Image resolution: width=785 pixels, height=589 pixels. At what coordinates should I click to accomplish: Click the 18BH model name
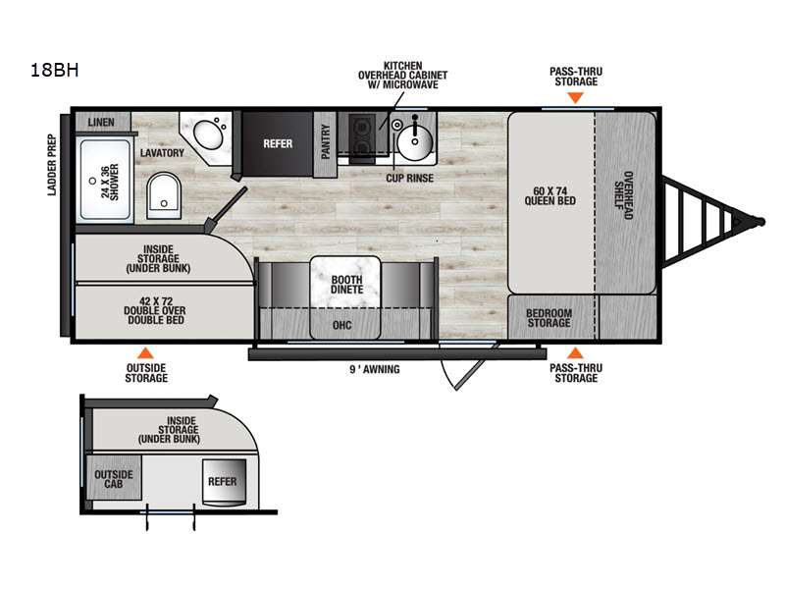click(55, 70)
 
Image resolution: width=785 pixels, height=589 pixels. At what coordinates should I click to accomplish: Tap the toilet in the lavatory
click(164, 195)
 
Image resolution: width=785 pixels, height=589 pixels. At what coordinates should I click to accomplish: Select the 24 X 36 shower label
click(110, 182)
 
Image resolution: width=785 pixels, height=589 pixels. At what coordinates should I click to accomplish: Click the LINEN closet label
click(101, 122)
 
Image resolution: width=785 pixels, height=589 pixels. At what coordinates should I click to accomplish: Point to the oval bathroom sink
click(209, 134)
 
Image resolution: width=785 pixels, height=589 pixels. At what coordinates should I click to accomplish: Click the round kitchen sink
click(415, 141)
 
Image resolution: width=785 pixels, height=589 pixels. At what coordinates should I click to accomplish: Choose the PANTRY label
click(326, 141)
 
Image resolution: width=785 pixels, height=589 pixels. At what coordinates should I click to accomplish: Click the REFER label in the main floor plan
click(278, 143)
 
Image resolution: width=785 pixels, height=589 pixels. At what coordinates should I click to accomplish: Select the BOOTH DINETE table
click(345, 297)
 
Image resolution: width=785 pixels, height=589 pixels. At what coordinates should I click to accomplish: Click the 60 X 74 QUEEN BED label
click(549, 195)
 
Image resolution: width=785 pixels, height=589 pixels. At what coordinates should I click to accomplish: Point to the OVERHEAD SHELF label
click(624, 195)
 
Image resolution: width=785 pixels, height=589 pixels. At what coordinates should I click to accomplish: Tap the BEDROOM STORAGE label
click(549, 318)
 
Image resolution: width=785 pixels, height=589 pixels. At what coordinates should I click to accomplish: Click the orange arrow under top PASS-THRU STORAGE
click(576, 97)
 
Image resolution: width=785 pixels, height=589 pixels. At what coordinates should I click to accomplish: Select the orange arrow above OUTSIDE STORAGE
click(145, 352)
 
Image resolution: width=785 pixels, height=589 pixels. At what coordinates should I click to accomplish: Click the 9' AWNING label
click(375, 370)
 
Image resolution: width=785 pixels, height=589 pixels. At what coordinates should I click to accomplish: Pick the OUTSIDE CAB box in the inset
click(114, 477)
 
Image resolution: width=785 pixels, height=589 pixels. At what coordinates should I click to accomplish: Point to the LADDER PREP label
click(52, 165)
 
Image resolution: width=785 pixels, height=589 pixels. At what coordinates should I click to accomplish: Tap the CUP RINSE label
click(409, 178)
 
